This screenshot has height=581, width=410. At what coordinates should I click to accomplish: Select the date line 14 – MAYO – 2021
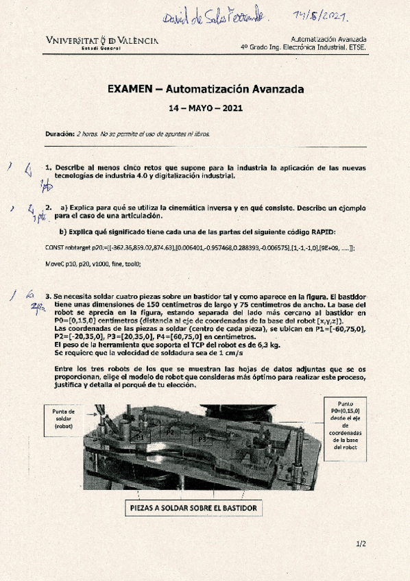point(206,108)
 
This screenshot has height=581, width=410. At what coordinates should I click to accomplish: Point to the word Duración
point(60,134)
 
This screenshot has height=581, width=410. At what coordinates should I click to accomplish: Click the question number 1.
point(48,167)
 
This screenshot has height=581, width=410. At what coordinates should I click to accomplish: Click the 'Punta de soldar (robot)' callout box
point(63,418)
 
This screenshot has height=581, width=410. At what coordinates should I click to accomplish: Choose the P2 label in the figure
point(170,431)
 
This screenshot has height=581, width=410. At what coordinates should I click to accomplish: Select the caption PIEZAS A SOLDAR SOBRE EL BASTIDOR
point(193,508)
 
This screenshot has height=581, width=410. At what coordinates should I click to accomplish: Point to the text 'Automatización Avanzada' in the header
point(328,40)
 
